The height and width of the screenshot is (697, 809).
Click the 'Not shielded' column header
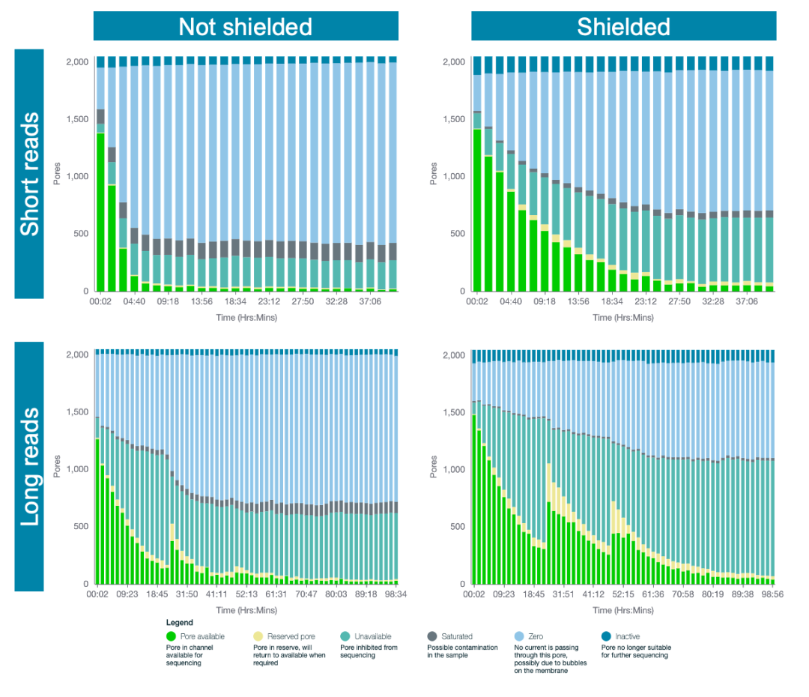245,27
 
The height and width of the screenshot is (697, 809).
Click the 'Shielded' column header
623,27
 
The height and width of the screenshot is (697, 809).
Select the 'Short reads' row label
29,174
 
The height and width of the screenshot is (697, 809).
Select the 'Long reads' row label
29,467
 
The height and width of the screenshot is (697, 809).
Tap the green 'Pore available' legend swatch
172,636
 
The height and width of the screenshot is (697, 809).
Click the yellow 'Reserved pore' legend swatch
258,636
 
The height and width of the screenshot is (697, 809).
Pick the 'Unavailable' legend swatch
345,636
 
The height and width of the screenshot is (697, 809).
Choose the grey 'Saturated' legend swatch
433,636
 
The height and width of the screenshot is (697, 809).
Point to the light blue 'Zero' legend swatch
520,636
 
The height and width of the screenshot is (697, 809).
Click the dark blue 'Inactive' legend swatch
607,636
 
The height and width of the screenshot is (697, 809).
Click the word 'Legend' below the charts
179,622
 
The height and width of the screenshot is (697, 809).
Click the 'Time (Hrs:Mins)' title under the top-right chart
623,317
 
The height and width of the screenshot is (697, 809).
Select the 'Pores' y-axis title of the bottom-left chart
56,466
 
